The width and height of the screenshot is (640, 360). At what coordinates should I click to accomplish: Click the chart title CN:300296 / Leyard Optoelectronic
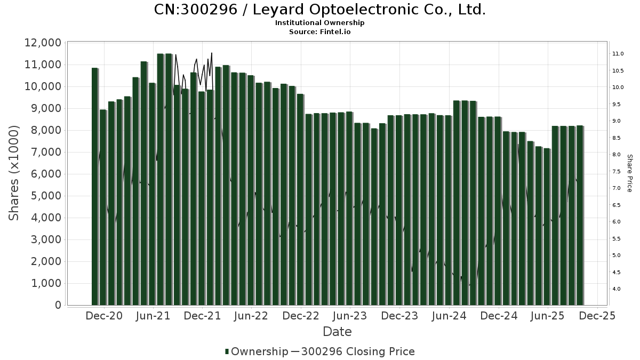click(x=319, y=10)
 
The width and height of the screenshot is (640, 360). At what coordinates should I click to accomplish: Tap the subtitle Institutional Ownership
click(x=319, y=23)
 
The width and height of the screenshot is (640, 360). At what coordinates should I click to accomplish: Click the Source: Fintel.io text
click(x=319, y=31)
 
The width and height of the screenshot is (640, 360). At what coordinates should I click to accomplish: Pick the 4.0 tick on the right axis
click(x=617, y=289)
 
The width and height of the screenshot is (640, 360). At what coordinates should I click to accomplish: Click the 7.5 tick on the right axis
click(x=617, y=171)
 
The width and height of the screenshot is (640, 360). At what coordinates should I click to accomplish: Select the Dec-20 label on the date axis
click(x=104, y=316)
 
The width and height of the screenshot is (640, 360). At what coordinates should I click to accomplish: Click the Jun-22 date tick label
click(x=251, y=316)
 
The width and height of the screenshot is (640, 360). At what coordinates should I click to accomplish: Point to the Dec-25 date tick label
click(x=597, y=316)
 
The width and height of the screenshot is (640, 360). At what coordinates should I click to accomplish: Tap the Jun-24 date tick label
click(x=449, y=316)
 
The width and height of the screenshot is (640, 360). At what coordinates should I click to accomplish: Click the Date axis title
click(x=337, y=332)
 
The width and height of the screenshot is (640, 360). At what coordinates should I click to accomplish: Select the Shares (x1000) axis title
click(x=14, y=173)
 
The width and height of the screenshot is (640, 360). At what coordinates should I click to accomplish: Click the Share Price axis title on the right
click(x=629, y=173)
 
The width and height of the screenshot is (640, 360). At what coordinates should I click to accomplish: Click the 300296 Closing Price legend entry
click(x=357, y=351)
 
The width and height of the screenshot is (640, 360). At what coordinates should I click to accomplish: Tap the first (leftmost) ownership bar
click(x=95, y=187)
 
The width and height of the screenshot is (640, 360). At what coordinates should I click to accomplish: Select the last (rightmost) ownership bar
click(x=580, y=215)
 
